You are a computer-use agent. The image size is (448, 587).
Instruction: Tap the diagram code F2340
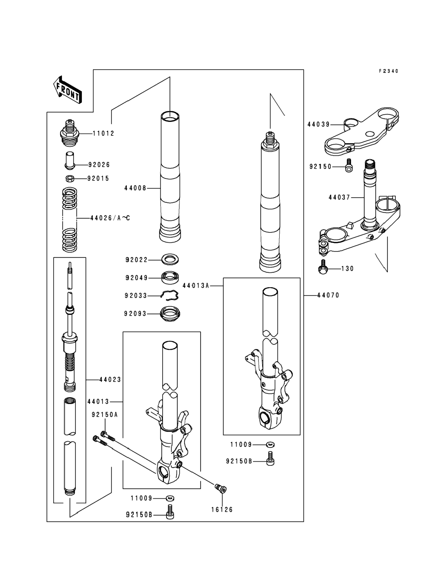pyautogui.click(x=389, y=71)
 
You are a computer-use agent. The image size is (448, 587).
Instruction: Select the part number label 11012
pyautogui.click(x=104, y=133)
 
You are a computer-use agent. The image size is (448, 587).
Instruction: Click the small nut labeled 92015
pyautogui.click(x=70, y=178)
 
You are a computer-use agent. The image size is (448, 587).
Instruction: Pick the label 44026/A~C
pyautogui.click(x=110, y=218)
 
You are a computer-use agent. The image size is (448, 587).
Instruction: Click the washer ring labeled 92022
pyautogui.click(x=170, y=259)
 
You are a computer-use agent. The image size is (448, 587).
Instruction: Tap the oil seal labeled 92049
pyautogui.click(x=170, y=278)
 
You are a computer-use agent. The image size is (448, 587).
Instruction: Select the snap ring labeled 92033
pyautogui.click(x=170, y=295)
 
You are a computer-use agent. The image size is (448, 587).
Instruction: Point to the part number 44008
pyautogui.click(x=135, y=188)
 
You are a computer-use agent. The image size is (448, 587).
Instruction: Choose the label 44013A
pyautogui.click(x=195, y=286)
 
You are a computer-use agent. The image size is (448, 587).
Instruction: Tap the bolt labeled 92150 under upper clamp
pyautogui.click(x=348, y=166)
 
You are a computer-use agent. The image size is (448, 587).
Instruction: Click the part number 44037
pyautogui.click(x=339, y=197)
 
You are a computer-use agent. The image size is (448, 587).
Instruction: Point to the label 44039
pyautogui.click(x=319, y=124)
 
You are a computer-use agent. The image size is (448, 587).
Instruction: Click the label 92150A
pyautogui.click(x=105, y=415)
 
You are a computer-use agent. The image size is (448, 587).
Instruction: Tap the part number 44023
pyautogui.click(x=110, y=379)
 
